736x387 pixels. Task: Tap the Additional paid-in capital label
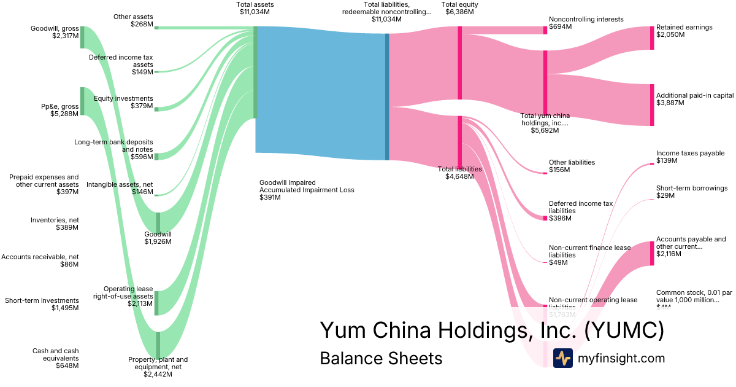[695, 96]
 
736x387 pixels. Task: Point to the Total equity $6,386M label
[459, 8]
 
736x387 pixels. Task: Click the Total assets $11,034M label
[255, 8]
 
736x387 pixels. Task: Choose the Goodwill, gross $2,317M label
[55, 32]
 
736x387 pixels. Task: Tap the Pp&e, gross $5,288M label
[59, 110]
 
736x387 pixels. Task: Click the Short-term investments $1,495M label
[42, 304]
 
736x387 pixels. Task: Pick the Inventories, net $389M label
[55, 224]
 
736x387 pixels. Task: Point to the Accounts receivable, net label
[40, 260]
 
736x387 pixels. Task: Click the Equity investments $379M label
[123, 102]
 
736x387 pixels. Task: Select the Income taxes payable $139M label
[690, 157]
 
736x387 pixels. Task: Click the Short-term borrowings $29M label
[692, 192]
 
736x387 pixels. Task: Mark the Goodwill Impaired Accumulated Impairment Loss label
[307, 190]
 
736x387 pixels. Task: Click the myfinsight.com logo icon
[562, 358]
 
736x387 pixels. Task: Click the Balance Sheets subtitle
[381, 359]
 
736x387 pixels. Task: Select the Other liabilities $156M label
[572, 166]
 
